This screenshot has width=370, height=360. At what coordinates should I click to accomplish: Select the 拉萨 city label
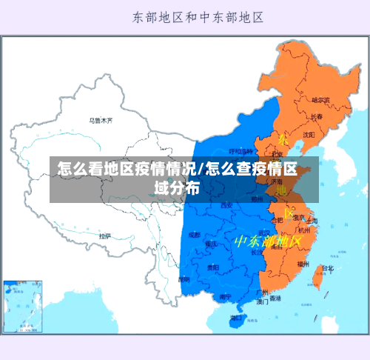105,236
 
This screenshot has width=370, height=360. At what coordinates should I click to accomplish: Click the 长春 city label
316,116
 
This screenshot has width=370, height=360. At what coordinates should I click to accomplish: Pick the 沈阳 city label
309,135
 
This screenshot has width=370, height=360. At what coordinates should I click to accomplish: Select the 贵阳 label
213,267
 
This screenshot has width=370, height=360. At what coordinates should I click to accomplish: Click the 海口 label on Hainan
236,317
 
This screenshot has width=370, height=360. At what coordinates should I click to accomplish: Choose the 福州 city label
303,263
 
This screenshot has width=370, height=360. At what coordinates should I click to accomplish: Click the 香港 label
275,299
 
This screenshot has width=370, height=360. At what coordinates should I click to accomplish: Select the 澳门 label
263,302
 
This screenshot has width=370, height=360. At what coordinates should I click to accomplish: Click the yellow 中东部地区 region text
269,241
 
